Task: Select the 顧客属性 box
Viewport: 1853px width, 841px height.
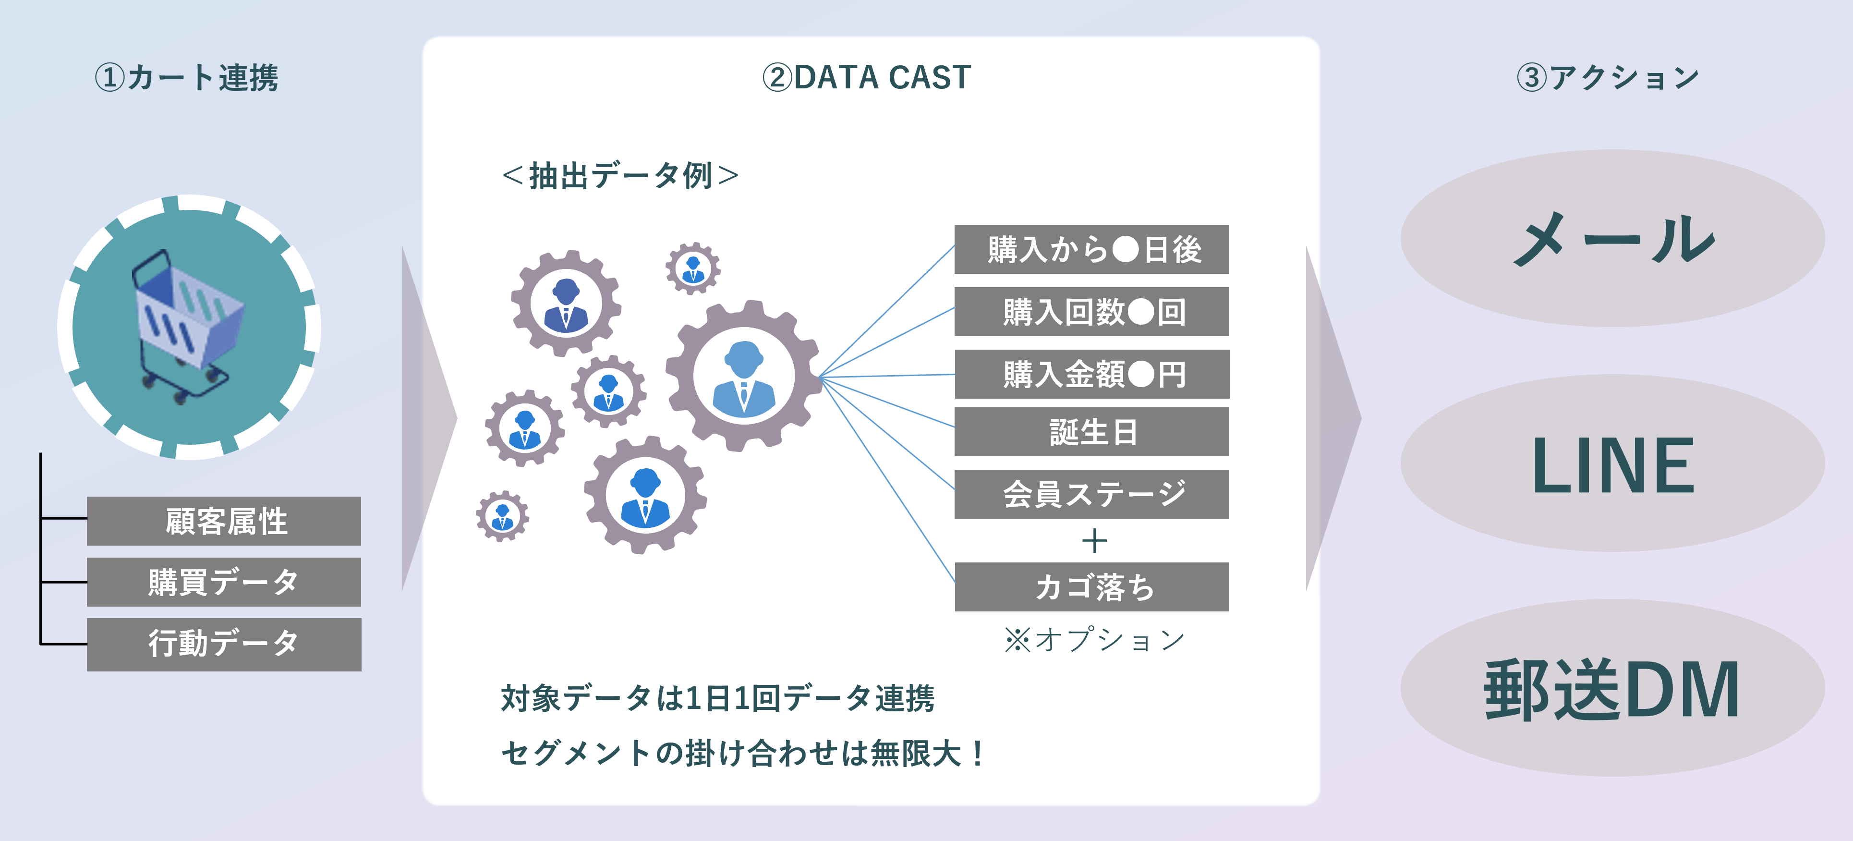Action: [x=224, y=521]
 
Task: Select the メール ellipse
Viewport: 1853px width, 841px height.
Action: [x=1612, y=238]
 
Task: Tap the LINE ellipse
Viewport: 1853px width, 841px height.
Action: [x=1612, y=464]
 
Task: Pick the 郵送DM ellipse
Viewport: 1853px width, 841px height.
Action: [x=1612, y=688]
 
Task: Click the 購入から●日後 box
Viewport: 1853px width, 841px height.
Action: [x=1091, y=250]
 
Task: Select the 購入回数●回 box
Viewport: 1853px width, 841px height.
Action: [x=1091, y=312]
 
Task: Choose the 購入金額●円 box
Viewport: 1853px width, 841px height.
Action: [x=1091, y=374]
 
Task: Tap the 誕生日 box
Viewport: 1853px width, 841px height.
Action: [x=1091, y=432]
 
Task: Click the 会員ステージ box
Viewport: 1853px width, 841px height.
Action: [x=1091, y=494]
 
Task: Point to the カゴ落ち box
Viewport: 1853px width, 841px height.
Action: [x=1091, y=587]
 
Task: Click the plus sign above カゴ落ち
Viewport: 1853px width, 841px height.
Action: [x=1094, y=541]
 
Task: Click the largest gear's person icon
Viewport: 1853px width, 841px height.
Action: [x=744, y=376]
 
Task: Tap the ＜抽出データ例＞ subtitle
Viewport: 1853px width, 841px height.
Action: [x=620, y=175]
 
